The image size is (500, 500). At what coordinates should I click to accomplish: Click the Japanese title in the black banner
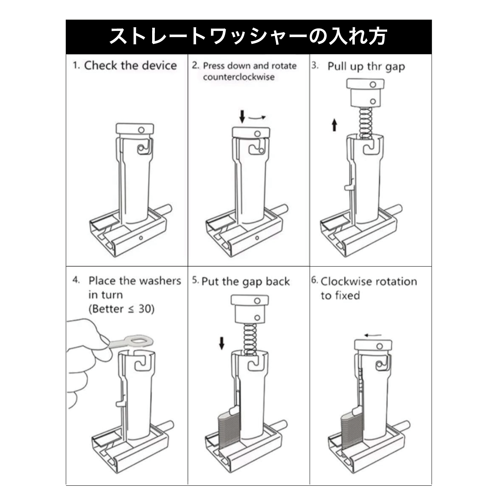click(248, 37)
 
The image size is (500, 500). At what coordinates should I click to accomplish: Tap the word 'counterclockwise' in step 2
click(238, 77)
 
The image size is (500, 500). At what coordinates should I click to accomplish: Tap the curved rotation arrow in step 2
click(257, 117)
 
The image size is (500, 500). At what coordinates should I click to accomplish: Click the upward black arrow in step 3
click(334, 125)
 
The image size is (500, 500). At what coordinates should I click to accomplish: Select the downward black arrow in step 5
click(221, 342)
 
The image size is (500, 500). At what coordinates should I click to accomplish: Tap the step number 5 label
click(195, 281)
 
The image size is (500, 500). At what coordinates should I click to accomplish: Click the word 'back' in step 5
click(277, 282)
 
